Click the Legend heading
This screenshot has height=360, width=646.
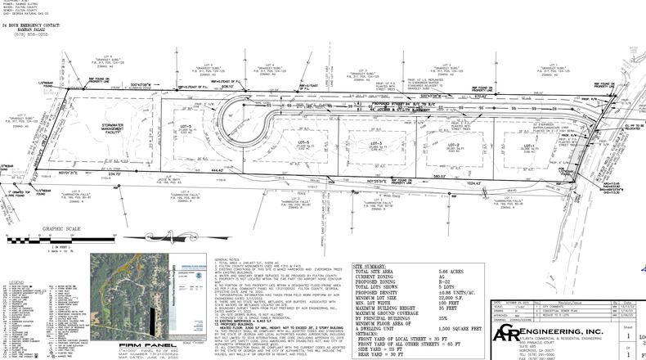tap(16, 281)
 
